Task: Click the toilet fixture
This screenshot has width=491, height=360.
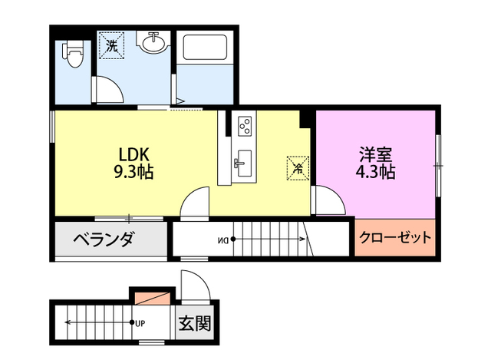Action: tap(73, 54)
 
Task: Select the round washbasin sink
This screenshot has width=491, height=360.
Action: tap(153, 43)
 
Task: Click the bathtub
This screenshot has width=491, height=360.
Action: tap(205, 48)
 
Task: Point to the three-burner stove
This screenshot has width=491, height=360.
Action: tap(245, 126)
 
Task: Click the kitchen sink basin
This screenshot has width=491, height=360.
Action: tap(244, 163)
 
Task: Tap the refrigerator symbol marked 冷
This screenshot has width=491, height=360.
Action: tap(298, 168)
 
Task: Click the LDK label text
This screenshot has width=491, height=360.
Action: tap(133, 154)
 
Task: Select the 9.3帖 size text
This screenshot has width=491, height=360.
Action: tap(133, 172)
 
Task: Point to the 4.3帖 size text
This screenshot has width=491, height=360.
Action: tap(375, 171)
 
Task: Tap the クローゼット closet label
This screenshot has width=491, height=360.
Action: tap(395, 237)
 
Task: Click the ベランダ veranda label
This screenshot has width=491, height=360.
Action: tap(104, 239)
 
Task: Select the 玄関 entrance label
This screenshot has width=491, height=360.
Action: tap(195, 323)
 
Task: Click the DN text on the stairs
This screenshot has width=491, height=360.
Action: tap(223, 240)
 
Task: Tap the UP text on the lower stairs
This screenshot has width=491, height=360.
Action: tap(140, 323)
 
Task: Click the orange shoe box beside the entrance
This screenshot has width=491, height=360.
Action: tap(153, 298)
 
